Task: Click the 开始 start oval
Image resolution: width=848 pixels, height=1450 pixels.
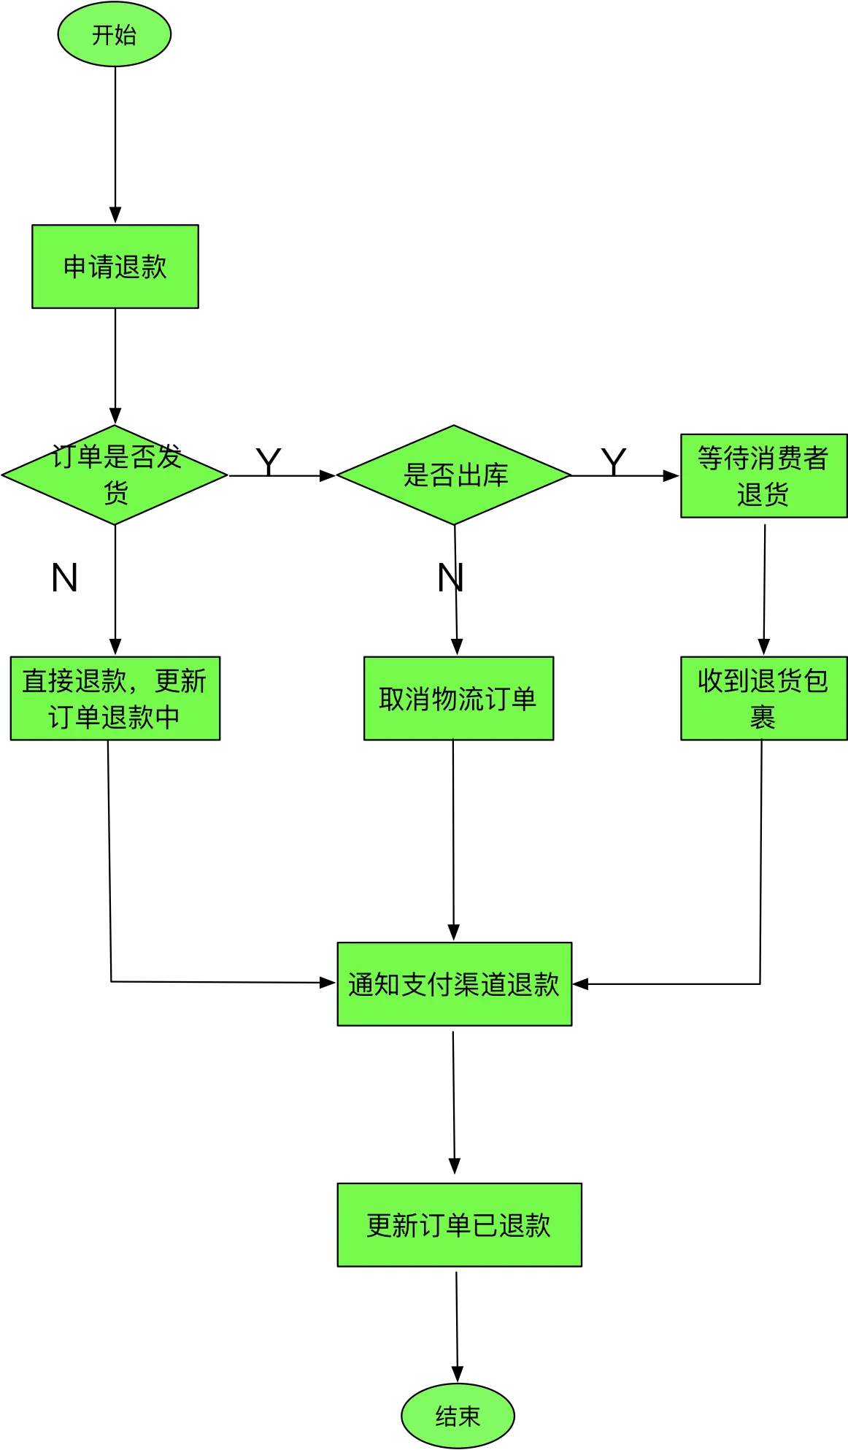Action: (115, 35)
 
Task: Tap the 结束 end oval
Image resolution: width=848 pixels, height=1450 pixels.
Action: (458, 1416)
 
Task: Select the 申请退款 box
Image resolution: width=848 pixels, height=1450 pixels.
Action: (115, 266)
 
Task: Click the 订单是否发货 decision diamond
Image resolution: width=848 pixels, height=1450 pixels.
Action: (115, 475)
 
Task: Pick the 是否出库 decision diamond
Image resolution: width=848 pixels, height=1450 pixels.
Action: (454, 475)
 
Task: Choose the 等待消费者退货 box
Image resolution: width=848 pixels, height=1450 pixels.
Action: (763, 476)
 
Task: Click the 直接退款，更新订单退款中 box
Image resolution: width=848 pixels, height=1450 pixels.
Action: (115, 699)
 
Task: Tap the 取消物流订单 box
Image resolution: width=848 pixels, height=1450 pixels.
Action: (458, 699)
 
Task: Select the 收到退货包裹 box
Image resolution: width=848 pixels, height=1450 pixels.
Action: (763, 699)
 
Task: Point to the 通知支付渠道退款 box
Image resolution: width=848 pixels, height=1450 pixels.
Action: (454, 984)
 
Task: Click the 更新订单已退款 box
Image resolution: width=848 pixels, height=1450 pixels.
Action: (459, 1224)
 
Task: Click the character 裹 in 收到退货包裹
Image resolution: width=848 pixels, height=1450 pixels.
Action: (763, 717)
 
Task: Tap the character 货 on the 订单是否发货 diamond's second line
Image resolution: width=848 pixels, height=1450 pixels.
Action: (115, 494)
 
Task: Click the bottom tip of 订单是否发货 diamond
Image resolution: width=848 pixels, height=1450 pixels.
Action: (115, 523)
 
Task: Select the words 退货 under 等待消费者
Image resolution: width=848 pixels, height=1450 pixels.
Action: (763, 495)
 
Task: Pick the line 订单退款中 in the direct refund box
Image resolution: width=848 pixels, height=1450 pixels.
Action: (115, 717)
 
